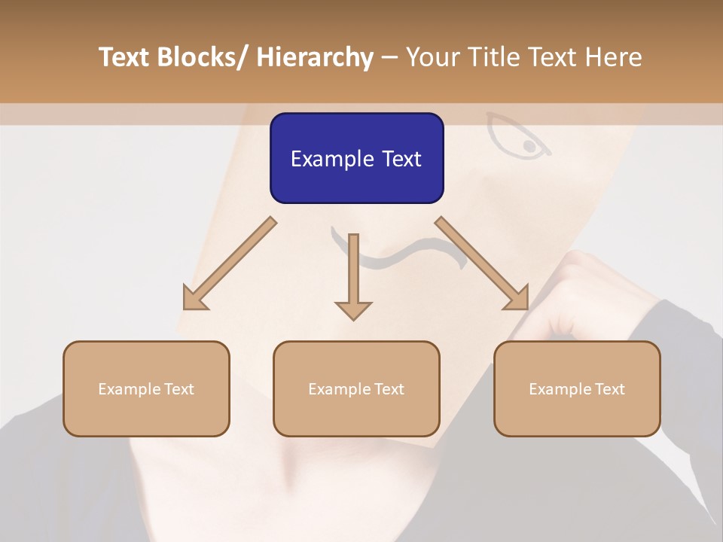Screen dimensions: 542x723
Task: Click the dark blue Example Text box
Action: pyautogui.click(x=356, y=158)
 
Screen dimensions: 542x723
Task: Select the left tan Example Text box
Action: pyautogui.click(x=146, y=388)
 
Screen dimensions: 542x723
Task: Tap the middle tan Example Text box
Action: pyautogui.click(x=356, y=388)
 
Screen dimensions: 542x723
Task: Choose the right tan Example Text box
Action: pyautogui.click(x=577, y=388)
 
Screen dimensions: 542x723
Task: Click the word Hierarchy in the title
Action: pyautogui.click(x=315, y=57)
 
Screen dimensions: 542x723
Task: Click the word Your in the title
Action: pyautogui.click(x=433, y=57)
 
